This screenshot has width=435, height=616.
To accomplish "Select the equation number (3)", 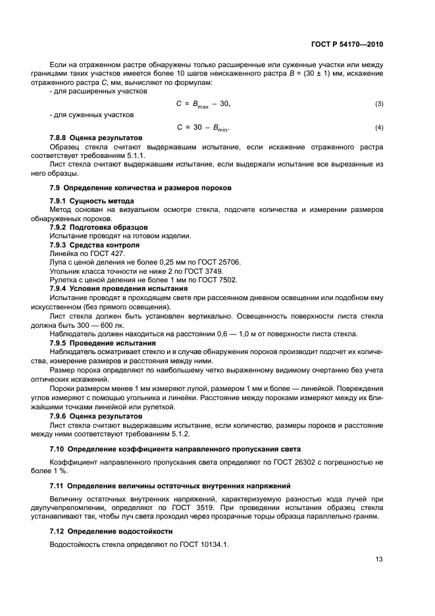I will point(379,105).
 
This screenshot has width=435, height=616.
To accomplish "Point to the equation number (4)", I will point(379,127).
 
